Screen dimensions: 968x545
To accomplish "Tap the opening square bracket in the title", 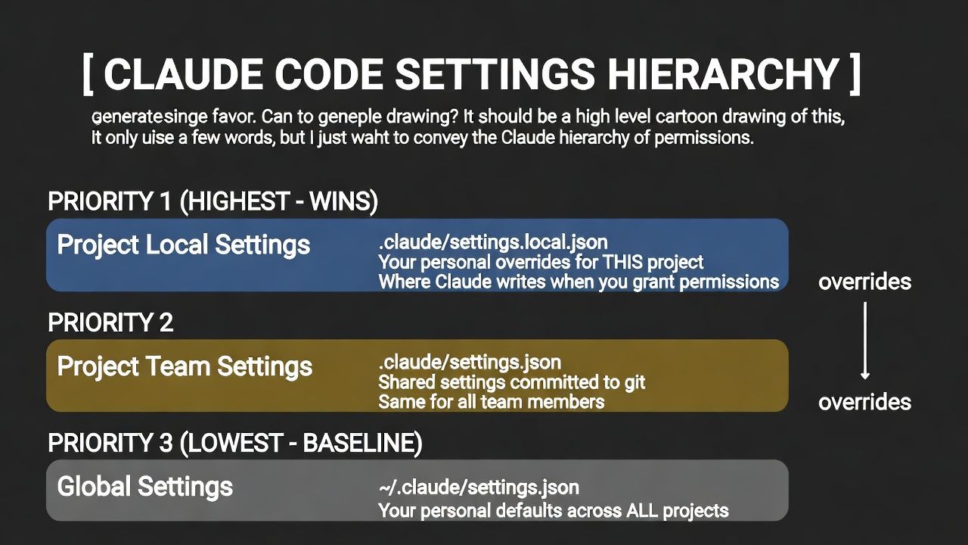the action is point(88,74).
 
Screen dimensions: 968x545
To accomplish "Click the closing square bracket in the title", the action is point(855,74).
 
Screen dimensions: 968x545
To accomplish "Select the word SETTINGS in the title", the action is point(495,74).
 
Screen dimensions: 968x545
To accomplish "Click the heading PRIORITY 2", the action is point(110,322).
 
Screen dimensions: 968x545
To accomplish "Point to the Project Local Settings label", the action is point(184,244).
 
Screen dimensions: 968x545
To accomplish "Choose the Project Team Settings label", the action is point(185,366).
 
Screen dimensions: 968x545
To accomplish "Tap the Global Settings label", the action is point(144,487).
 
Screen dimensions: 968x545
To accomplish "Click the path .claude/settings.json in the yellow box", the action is point(470,363).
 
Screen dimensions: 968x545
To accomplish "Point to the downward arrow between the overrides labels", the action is point(864,341).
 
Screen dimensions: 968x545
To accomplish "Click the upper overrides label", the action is point(864,282).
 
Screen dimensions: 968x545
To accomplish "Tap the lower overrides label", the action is point(864,402).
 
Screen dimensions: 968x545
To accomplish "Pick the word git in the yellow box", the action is point(634,383).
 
